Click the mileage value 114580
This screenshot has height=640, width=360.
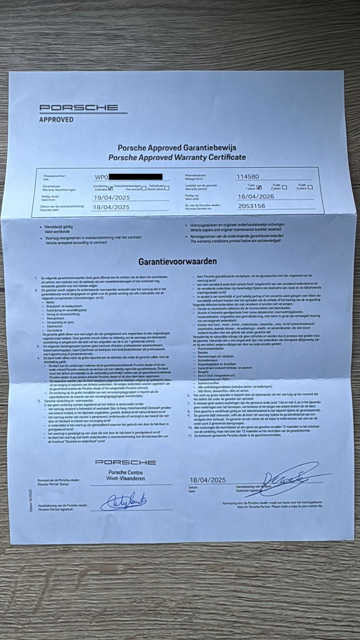pyautogui.click(x=250, y=177)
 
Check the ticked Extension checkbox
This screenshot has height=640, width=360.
pyautogui.click(x=111, y=188)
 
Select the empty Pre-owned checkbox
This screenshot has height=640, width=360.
pyautogui.click(x=144, y=188)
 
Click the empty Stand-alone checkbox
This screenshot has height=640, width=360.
pyautogui.click(x=167, y=188)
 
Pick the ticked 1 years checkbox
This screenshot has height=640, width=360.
pyautogui.click(x=259, y=187)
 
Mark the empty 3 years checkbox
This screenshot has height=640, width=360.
pyautogui.click(x=310, y=187)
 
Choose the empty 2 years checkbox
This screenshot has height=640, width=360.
pyautogui.click(x=284, y=187)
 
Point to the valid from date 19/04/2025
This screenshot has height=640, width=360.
pyautogui.click(x=111, y=198)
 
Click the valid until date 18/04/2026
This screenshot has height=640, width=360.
pyautogui.click(x=256, y=197)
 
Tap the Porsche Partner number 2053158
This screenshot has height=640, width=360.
pyautogui.click(x=251, y=206)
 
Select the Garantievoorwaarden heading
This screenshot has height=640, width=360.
pyautogui.click(x=177, y=262)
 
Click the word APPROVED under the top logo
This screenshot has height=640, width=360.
pyautogui.click(x=56, y=120)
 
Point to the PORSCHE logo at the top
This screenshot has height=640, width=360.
pyautogui.click(x=78, y=108)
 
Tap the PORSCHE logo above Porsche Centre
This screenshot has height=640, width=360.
pyautogui.click(x=125, y=462)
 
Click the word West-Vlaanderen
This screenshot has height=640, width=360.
pyautogui.click(x=126, y=479)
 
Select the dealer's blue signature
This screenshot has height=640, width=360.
pyautogui.click(x=123, y=501)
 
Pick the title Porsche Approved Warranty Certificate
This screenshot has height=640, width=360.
pyautogui.click(x=177, y=157)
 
